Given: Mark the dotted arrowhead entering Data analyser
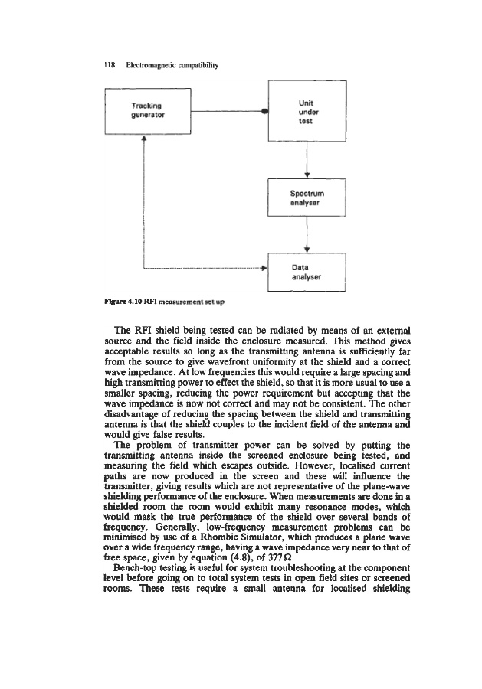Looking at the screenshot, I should click(x=263, y=269).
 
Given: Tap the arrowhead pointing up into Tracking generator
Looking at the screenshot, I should click(x=143, y=139).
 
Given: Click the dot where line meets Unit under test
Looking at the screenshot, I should click(x=264, y=110).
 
